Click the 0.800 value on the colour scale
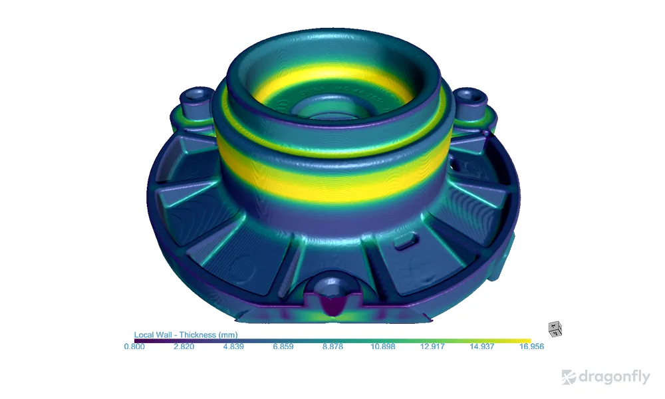coord(134,346)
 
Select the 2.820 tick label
coord(184,346)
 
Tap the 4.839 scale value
coord(233,346)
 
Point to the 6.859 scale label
coord(283,346)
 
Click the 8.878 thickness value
coord(332,346)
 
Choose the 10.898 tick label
coord(382,346)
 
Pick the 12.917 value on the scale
coord(432,346)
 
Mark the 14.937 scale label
coord(481,346)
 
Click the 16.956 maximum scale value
coord(531,346)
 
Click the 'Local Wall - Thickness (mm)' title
coord(186,334)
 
